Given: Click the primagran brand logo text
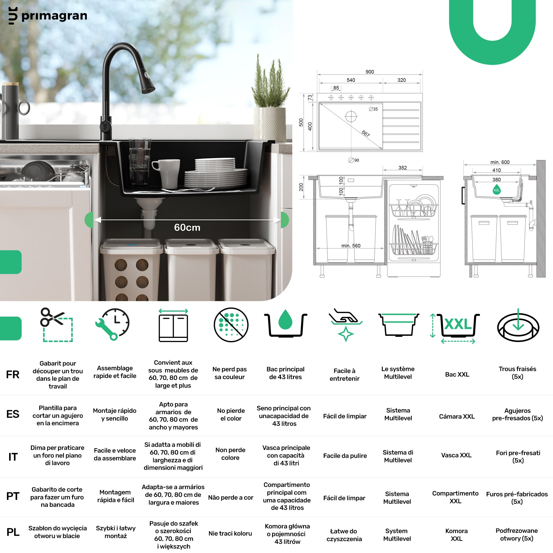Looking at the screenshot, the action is click(54, 16).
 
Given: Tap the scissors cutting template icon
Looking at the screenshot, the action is click(56, 325).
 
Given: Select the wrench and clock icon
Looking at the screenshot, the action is click(113, 324).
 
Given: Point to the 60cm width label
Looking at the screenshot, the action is click(187, 228).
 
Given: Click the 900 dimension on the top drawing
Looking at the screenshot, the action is click(369, 72).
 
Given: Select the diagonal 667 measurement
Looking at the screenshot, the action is click(366, 134).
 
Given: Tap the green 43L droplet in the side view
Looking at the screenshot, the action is click(497, 189).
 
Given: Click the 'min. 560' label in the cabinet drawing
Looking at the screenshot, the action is click(351, 246).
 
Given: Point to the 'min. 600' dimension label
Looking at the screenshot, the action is click(500, 162).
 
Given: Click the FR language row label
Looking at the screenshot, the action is click(13, 374).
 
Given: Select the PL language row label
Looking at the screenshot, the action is click(13, 532).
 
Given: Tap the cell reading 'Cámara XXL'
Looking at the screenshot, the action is click(457, 416).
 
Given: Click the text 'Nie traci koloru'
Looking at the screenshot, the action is click(230, 533).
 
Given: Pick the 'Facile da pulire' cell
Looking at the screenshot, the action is click(345, 456).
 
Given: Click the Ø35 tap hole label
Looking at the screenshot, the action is click(373, 109).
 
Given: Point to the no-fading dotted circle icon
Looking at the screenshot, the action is click(231, 325).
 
